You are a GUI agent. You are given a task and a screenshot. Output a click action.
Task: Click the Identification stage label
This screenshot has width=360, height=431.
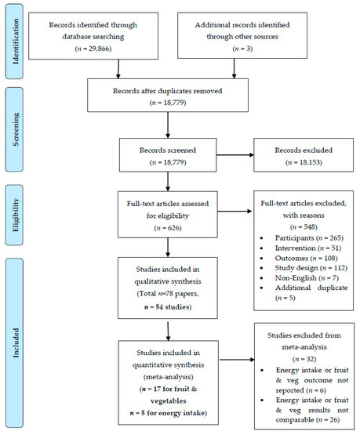tap(16, 42)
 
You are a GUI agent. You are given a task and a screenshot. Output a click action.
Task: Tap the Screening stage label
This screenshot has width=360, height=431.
tap(16, 129)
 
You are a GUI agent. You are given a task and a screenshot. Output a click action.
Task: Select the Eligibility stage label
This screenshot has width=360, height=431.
tap(16, 215)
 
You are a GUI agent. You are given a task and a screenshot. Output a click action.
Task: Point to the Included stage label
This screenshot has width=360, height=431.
tap(16, 342)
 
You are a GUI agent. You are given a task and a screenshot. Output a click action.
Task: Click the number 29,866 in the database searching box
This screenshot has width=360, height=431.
tap(99, 49)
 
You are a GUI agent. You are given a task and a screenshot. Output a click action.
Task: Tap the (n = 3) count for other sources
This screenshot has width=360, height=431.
tap(242, 49)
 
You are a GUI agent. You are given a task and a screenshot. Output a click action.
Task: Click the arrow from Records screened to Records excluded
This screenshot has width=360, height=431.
tap(235, 155)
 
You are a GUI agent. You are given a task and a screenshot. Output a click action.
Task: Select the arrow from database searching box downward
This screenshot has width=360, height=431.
tap(118, 69)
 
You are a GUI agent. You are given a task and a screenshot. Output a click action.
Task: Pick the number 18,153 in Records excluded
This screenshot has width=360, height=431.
tap(310, 162)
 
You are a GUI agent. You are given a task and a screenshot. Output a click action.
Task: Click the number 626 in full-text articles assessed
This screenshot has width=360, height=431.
tap(173, 228)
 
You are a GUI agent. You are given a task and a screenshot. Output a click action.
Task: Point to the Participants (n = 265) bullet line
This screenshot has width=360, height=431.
tap(309, 238)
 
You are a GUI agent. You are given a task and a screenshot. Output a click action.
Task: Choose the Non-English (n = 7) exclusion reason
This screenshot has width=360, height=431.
tap(307, 278)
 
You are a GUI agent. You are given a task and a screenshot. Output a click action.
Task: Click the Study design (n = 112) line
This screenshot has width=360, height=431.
tap(311, 268)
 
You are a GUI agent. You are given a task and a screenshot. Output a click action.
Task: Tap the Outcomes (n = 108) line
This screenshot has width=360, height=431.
tap(306, 258)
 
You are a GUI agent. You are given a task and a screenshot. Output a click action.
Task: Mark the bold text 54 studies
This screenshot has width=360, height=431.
tap(173, 306)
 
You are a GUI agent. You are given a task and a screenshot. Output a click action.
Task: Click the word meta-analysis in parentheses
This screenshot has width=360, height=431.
tap(169, 377)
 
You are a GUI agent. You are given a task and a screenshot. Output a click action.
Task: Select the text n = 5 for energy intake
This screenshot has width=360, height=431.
tap(169, 413)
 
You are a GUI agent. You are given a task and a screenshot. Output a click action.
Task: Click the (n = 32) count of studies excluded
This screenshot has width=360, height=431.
tap(304, 359)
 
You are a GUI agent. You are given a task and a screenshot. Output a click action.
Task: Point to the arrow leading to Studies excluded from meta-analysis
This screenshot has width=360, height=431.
tap(237, 360)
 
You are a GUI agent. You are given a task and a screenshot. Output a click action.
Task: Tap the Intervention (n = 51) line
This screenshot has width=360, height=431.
tap(308, 248)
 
